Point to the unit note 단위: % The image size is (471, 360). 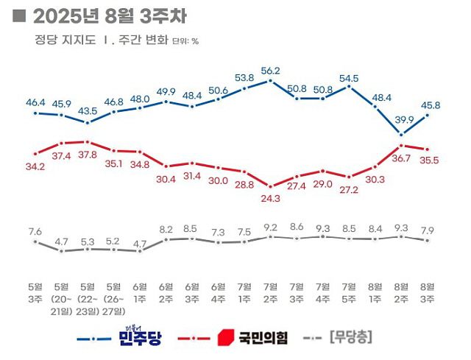185,41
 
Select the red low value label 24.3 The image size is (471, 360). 271,198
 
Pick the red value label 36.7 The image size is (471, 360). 402,158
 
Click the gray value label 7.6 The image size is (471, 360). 35,232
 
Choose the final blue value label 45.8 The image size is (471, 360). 428,105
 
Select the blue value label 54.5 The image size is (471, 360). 350,78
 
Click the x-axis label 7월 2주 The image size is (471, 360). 271,292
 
